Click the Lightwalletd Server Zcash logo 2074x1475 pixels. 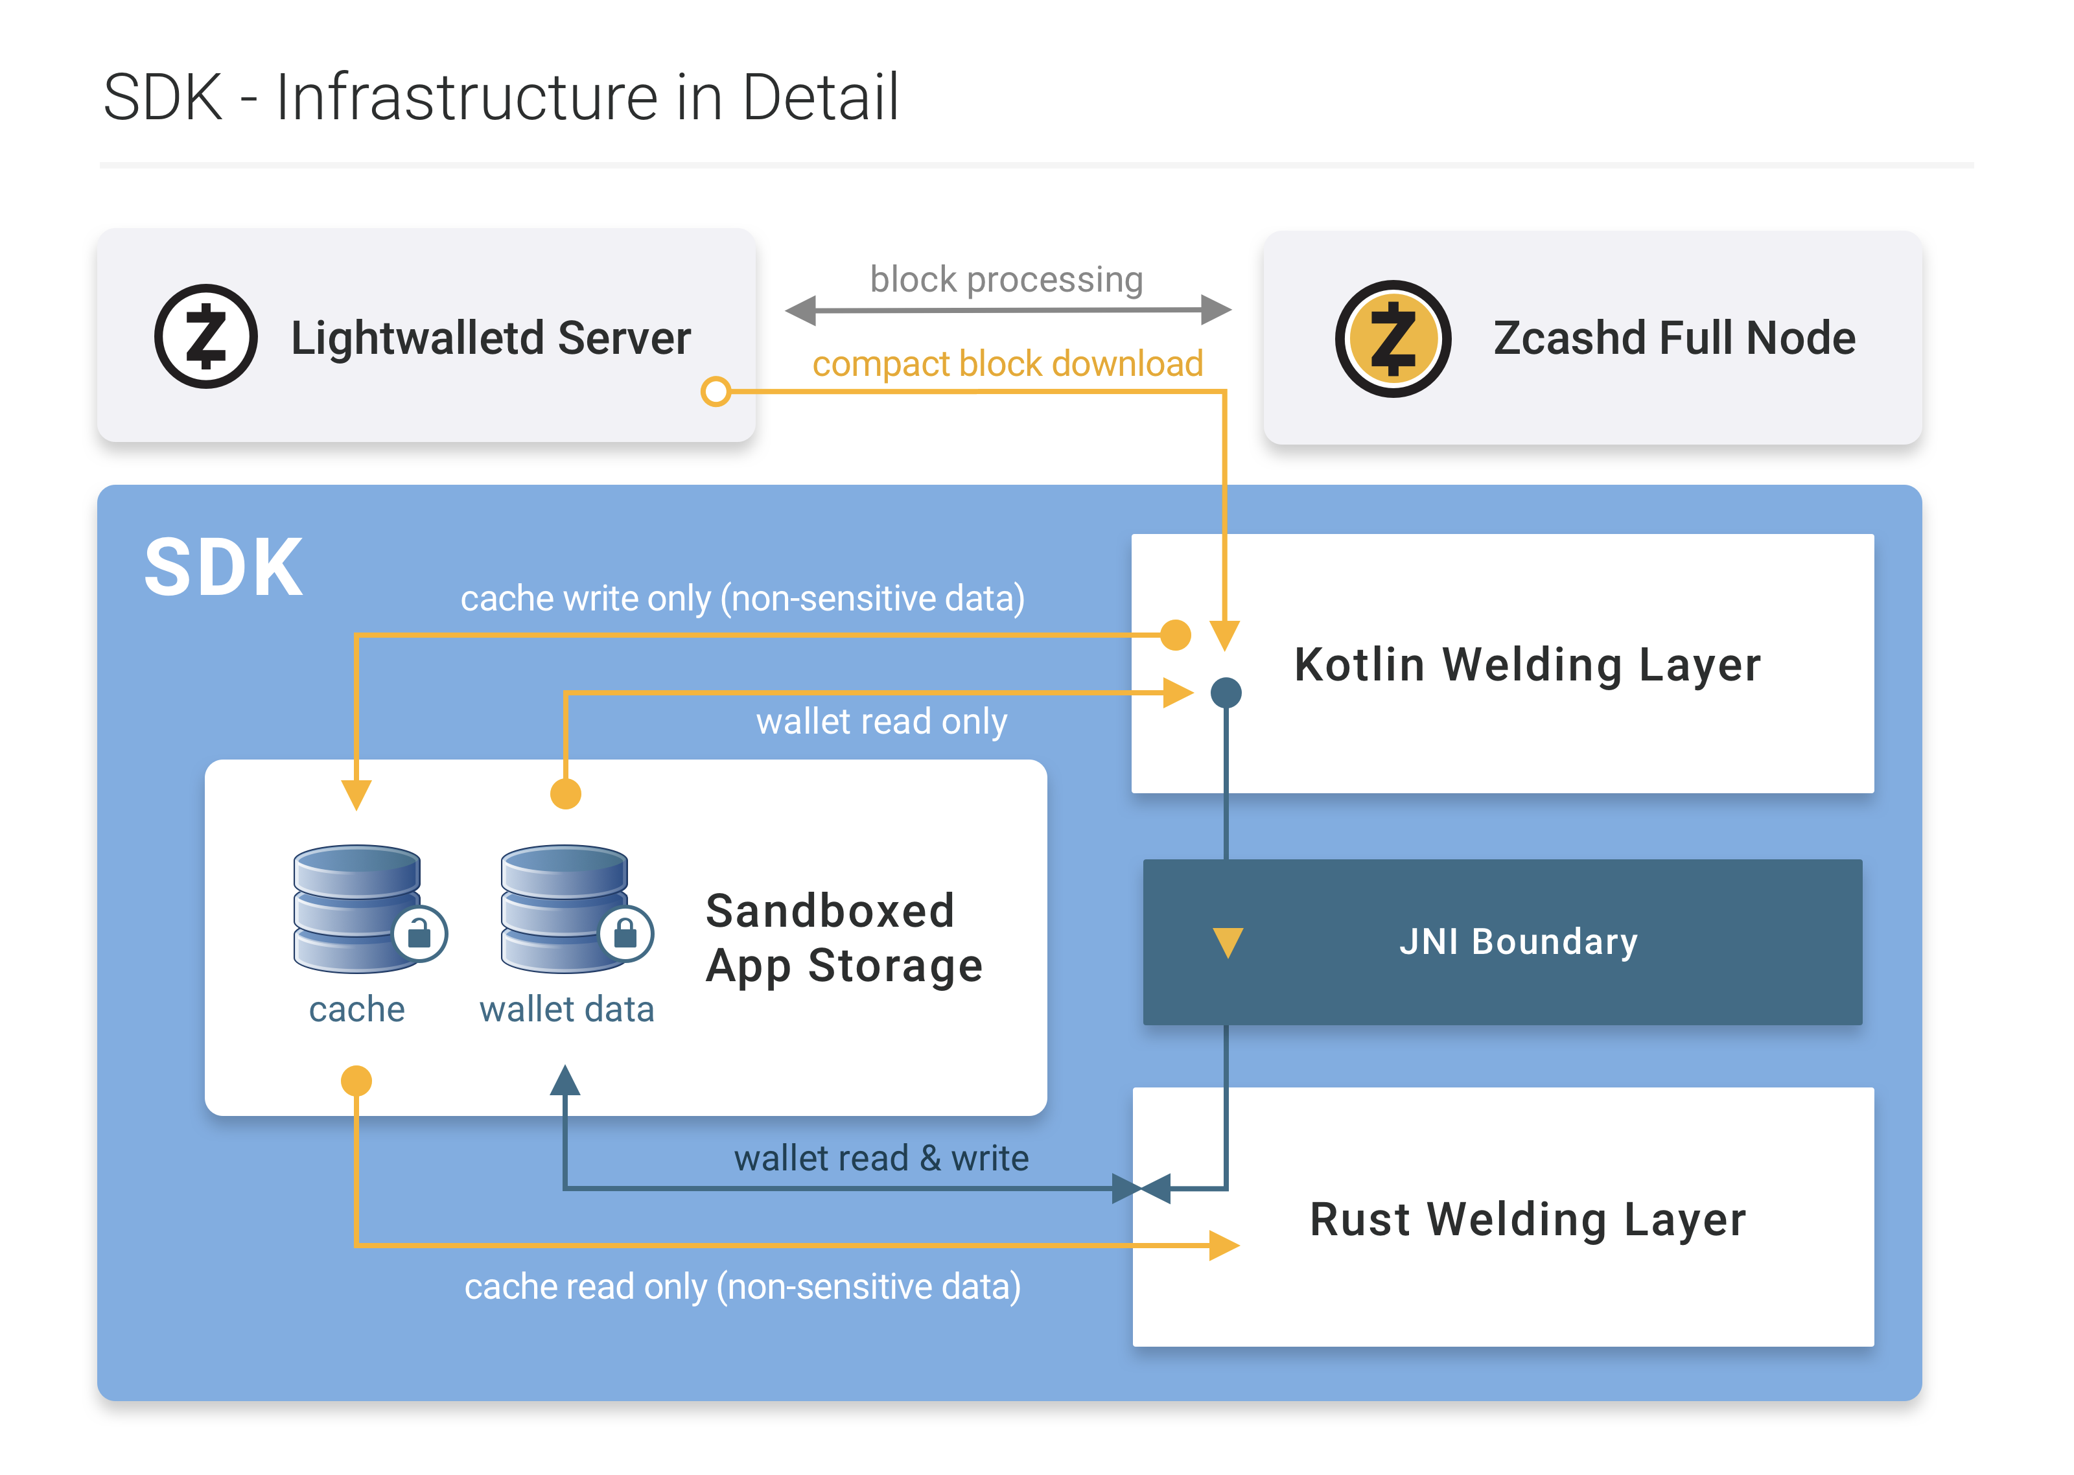pyautogui.click(x=205, y=337)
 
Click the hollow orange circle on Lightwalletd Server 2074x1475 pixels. pyautogui.click(x=716, y=391)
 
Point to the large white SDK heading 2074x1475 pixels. pyautogui.click(x=224, y=568)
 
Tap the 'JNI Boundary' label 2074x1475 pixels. pyautogui.click(x=1517, y=942)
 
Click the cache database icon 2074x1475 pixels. pyautogui.click(x=357, y=908)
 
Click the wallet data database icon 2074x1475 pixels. pyautogui.click(x=564, y=908)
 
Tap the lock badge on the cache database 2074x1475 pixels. pyautogui.click(x=419, y=933)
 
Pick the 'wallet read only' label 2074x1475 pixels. pyautogui.click(x=881, y=721)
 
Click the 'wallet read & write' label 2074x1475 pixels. pyautogui.click(x=881, y=1158)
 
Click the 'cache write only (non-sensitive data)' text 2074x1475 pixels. pyautogui.click(x=742, y=599)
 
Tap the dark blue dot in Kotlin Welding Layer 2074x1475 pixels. pyautogui.click(x=1226, y=693)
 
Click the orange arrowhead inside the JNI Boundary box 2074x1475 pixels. pyautogui.click(x=1228, y=941)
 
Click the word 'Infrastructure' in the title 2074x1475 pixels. pyautogui.click(x=467, y=97)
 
